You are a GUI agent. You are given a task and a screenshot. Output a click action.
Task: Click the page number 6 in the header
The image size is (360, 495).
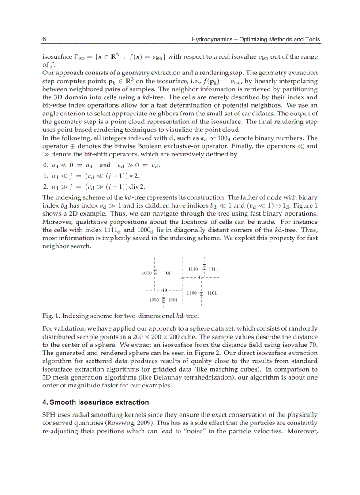tap(44, 39)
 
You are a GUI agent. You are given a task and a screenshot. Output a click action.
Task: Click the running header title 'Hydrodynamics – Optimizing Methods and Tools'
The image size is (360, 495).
tap(255, 39)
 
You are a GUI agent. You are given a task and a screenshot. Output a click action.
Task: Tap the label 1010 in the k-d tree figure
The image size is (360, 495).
tap(147, 273)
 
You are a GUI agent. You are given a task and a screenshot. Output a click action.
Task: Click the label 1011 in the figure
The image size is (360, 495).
tap(168, 273)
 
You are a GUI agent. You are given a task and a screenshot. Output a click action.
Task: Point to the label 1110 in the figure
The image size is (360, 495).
tap(193, 268)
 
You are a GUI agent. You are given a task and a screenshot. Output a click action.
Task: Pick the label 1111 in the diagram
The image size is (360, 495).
tap(214, 268)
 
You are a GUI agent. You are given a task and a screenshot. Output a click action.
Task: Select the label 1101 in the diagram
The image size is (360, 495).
tap(212, 293)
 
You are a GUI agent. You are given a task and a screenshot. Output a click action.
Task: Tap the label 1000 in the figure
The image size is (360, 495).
tap(154, 300)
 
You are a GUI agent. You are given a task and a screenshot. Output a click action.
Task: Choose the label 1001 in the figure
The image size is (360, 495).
tap(173, 300)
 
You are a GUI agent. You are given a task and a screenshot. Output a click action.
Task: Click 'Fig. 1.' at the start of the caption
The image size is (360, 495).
tap(51, 316)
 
